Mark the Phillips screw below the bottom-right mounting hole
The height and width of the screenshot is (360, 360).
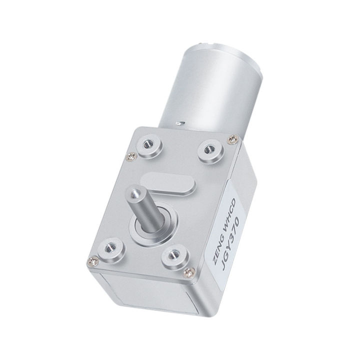tap(188, 271)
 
